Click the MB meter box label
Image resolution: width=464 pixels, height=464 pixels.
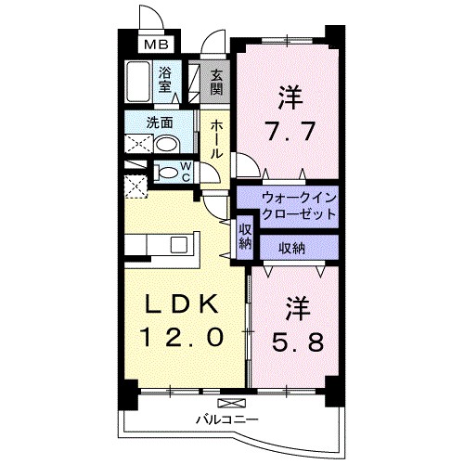pos(157,45)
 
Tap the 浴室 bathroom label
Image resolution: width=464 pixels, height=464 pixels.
pos(164,80)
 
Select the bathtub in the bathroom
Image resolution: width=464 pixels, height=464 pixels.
pos(138,82)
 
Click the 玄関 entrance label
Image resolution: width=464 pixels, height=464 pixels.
pos(216,83)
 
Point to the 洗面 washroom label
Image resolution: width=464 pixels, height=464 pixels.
pos(160,123)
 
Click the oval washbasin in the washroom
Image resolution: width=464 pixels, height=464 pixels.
pos(167,145)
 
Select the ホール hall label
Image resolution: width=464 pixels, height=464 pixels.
pos(216,139)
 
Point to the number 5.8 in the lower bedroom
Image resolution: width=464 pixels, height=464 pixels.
pos(299,342)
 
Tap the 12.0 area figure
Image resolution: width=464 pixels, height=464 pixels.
pos(182,337)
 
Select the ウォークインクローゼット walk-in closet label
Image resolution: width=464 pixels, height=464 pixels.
pos(299,206)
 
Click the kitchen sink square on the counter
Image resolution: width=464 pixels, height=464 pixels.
pos(179,245)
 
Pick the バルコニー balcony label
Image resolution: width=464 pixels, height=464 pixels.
pos(227,419)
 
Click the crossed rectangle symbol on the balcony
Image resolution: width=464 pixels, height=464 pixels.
pos(231,403)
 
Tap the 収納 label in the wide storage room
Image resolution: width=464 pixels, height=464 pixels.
pos(291,248)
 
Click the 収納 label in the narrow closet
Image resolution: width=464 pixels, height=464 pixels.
pos(245,237)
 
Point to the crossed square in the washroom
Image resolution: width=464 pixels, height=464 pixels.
pos(138,144)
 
